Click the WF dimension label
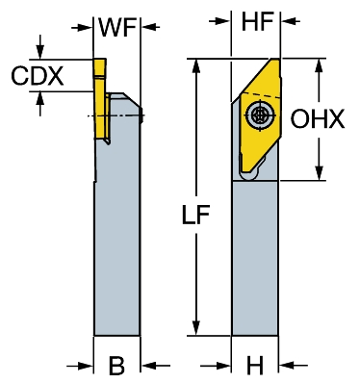117,27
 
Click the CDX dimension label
38,76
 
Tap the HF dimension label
257,21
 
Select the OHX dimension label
317,119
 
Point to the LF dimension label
195,215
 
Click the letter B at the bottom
116,365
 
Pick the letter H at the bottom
255,365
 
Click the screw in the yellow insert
259,115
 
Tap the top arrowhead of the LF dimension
196,67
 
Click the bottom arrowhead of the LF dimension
196,327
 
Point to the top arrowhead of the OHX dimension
319,66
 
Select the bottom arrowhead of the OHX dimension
319,172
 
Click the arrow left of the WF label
82,27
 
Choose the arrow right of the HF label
291,21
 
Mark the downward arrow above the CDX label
40,47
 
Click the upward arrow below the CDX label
40,103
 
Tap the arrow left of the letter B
80,366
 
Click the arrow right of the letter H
293,365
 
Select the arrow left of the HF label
219,21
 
